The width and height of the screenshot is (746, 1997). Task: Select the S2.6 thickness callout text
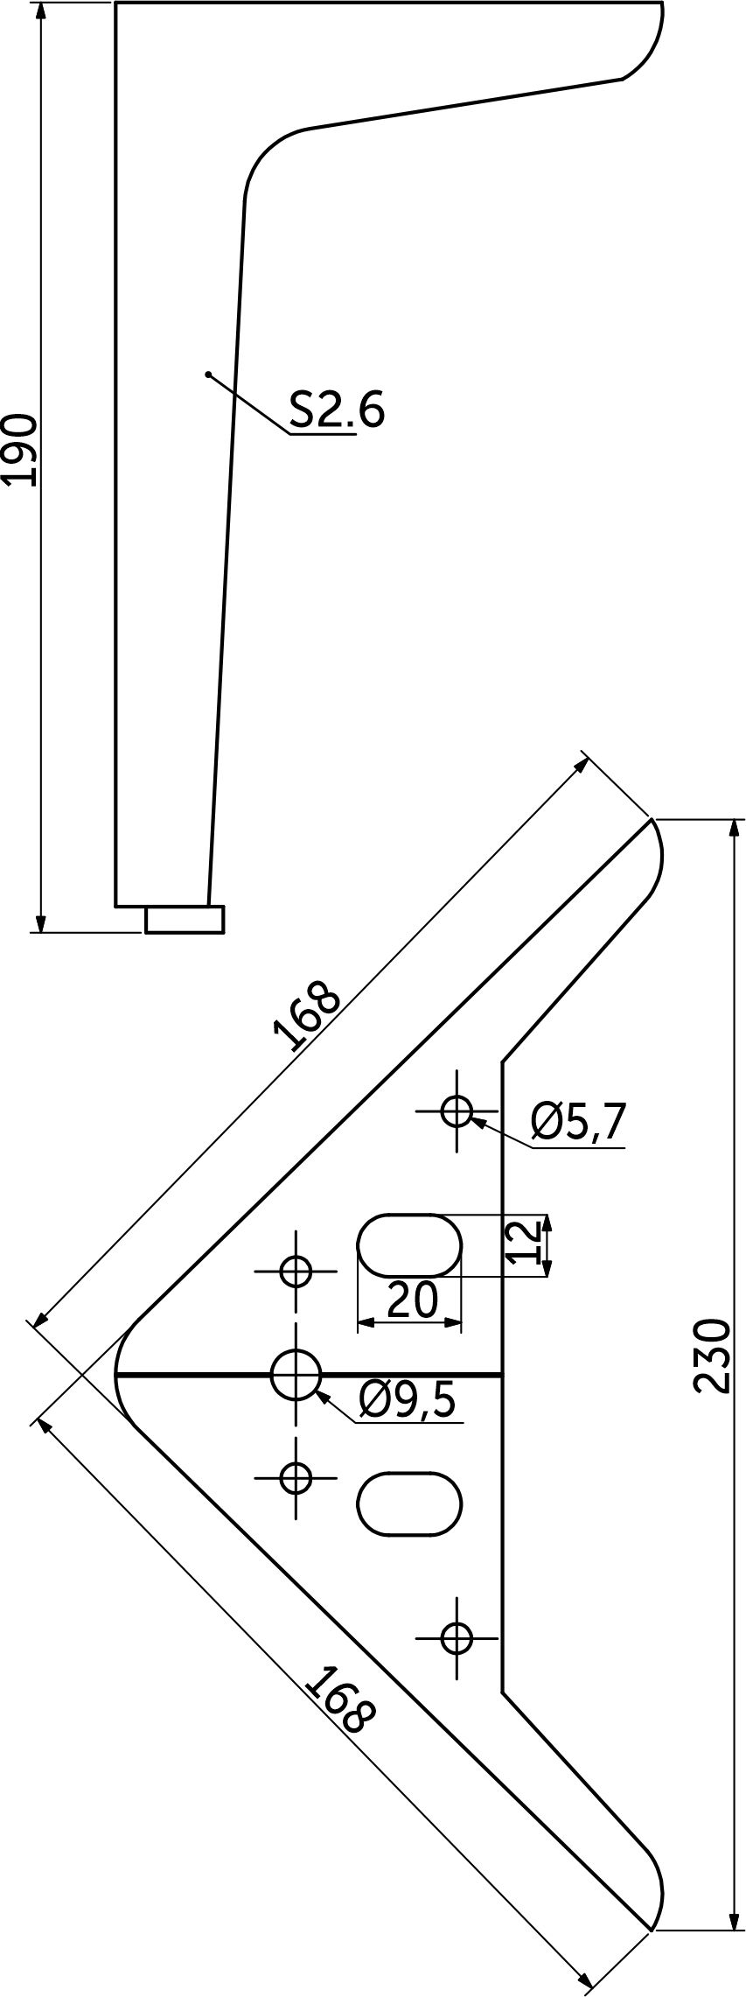click(338, 409)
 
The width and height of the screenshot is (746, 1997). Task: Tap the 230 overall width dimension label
click(711, 1356)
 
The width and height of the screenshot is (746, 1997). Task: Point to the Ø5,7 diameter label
click(579, 1122)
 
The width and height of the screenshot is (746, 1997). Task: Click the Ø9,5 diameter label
click(408, 1401)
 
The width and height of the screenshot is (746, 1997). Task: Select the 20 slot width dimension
click(412, 1300)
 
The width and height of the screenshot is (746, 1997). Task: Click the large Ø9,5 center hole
click(296, 1375)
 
